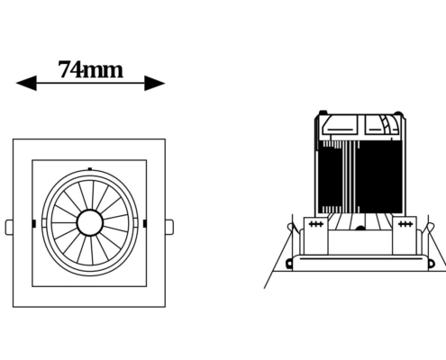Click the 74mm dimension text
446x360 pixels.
point(90,70)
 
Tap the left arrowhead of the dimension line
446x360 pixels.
point(26,83)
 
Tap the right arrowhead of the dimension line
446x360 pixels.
point(155,83)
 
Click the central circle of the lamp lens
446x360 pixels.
point(90,223)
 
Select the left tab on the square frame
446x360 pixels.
point(9,227)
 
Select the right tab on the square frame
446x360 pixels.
point(169,227)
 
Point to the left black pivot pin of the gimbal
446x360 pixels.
point(34,223)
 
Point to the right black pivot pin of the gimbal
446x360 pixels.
point(145,223)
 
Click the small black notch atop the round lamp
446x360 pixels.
point(90,169)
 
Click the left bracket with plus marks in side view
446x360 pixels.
point(316,236)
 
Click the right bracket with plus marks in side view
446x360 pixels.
point(405,236)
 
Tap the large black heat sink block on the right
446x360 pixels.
point(380,176)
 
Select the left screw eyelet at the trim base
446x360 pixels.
point(289,264)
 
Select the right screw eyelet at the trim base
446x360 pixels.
point(431,264)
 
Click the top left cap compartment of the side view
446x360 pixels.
point(340,125)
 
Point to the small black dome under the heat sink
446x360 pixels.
point(360,229)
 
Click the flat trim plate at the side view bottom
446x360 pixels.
point(360,263)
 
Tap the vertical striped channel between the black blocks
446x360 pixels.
point(350,176)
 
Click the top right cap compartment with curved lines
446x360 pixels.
point(382,125)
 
